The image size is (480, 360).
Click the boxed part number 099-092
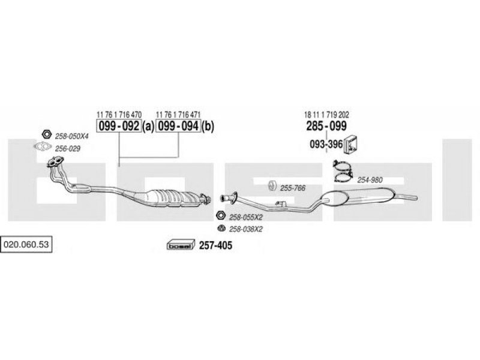pyautogui.click(x=119, y=126)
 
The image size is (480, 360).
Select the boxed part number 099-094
pyautogui.click(x=178, y=126)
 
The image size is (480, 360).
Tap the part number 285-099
pyautogui.click(x=326, y=126)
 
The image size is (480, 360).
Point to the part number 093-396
pyautogui.click(x=326, y=144)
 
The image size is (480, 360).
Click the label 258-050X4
pyautogui.click(x=71, y=136)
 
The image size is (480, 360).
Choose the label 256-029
pyautogui.click(x=68, y=149)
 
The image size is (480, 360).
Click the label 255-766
pyautogui.click(x=293, y=188)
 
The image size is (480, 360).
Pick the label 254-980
pyautogui.click(x=370, y=180)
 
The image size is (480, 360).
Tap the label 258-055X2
pyautogui.click(x=246, y=217)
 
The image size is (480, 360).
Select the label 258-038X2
pyautogui.click(x=246, y=229)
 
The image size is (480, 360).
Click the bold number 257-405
pyautogui.click(x=215, y=245)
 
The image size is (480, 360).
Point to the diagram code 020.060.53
pyautogui.click(x=26, y=244)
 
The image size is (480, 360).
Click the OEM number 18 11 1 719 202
pyautogui.click(x=326, y=115)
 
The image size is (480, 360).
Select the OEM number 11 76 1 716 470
pyautogui.click(x=119, y=115)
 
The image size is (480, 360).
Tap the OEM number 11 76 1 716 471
pyautogui.click(x=178, y=115)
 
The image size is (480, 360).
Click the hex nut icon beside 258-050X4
pyautogui.click(x=46, y=134)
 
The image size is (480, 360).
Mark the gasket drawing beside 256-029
pyautogui.click(x=43, y=147)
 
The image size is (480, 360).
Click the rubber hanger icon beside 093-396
pyautogui.click(x=351, y=143)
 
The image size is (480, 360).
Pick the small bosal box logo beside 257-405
pyautogui.click(x=181, y=244)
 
